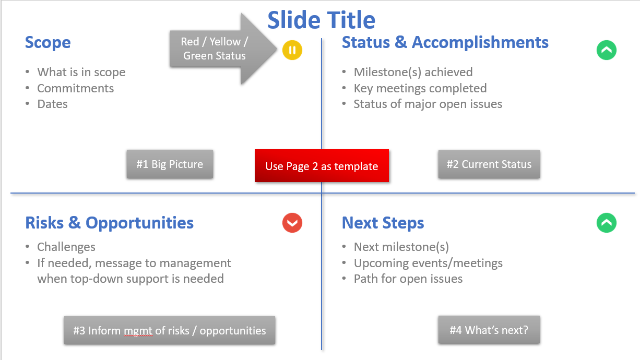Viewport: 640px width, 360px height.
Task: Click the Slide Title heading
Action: (x=321, y=20)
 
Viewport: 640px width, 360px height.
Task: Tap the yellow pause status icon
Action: (x=292, y=50)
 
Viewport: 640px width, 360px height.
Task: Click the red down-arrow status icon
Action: (x=292, y=223)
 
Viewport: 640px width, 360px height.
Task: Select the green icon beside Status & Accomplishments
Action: (x=606, y=50)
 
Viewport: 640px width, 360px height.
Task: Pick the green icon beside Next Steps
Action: (x=606, y=223)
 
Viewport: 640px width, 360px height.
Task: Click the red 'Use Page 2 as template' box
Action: (x=322, y=165)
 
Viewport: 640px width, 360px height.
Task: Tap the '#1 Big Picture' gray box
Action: (x=170, y=164)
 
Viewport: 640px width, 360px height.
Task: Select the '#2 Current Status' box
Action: (x=489, y=164)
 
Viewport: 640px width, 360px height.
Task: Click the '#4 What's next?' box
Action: (x=489, y=330)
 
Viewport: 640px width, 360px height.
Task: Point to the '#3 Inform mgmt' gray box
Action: (x=170, y=330)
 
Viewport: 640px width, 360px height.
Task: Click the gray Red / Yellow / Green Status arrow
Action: (x=223, y=49)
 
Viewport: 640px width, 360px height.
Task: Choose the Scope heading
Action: (x=48, y=43)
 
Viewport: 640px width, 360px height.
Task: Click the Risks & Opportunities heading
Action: (x=110, y=223)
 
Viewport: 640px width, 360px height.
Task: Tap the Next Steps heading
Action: (x=383, y=223)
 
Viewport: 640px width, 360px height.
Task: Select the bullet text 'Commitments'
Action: (x=75, y=88)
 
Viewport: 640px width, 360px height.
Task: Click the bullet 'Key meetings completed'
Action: (x=420, y=88)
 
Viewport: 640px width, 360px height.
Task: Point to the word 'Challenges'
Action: (x=66, y=247)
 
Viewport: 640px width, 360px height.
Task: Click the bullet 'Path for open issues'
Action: (x=408, y=279)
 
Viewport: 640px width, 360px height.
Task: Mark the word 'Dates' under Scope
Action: (x=53, y=104)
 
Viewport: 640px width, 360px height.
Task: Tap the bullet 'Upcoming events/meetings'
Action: (x=428, y=263)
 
